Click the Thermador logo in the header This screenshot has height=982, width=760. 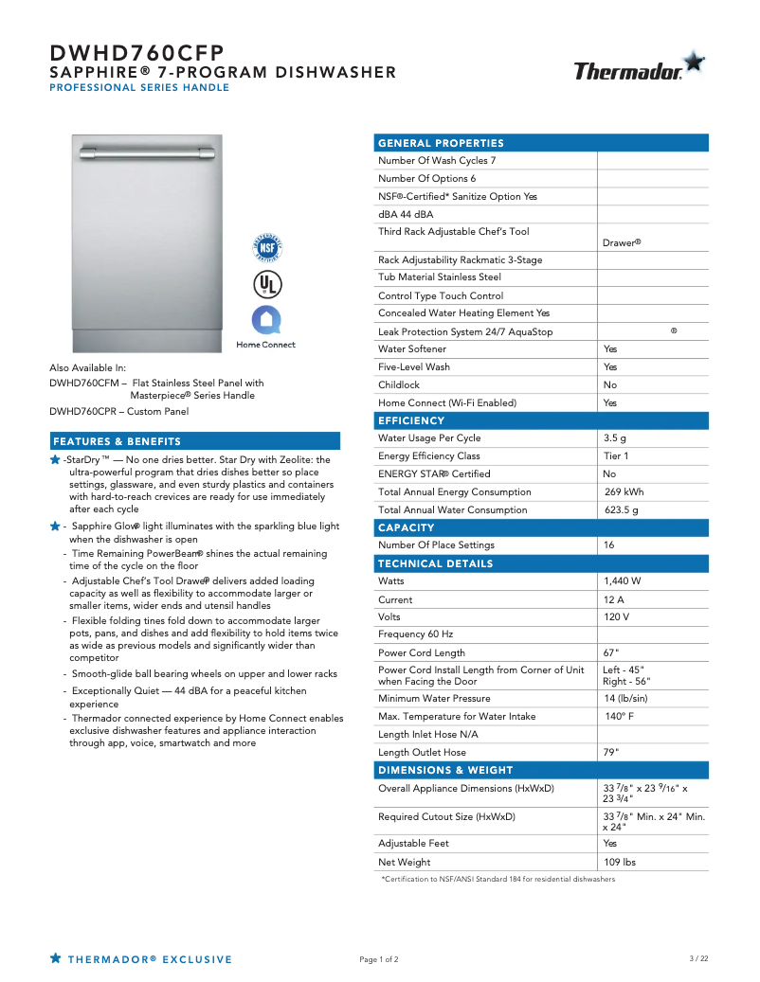[x=638, y=69]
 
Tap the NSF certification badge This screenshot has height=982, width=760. [x=266, y=248]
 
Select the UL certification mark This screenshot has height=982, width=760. [x=266, y=284]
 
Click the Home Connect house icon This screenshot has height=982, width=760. [x=266, y=319]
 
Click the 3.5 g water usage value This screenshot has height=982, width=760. [x=615, y=438]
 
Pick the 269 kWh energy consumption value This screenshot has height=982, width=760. [x=624, y=492]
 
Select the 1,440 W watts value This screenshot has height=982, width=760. [x=623, y=580]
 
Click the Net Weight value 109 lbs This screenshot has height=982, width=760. [x=620, y=862]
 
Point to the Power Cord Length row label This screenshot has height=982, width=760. [x=422, y=652]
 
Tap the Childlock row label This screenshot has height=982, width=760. [x=399, y=385]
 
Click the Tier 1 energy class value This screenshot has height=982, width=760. [x=616, y=456]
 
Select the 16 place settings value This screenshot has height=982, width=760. [x=609, y=545]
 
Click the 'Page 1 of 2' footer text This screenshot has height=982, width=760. [x=379, y=959]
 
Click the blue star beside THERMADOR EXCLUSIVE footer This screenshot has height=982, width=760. [x=56, y=958]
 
